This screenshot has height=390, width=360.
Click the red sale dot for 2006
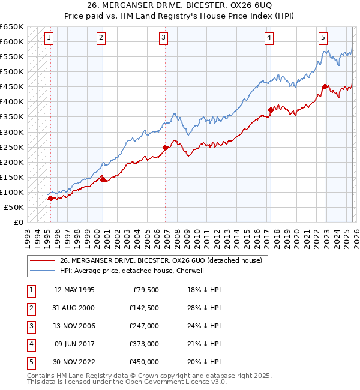tap(165, 148)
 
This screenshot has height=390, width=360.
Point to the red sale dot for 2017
tap(271, 110)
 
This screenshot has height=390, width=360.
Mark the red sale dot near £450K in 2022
tap(325, 86)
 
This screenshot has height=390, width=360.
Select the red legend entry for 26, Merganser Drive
tap(160, 261)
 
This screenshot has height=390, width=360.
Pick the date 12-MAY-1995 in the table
tap(74, 290)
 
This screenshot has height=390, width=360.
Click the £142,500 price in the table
tap(143, 308)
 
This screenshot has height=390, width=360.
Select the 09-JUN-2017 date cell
tap(74, 344)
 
